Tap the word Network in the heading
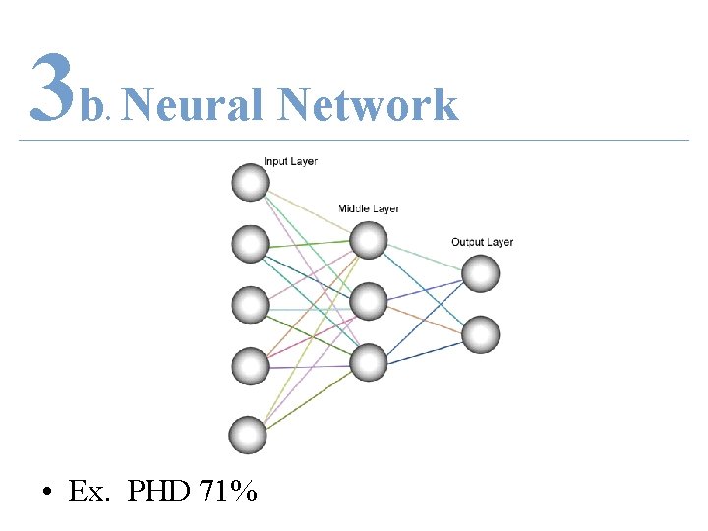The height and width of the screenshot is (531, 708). [368, 104]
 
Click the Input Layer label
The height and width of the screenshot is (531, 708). [290, 161]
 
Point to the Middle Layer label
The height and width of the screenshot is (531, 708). [369, 208]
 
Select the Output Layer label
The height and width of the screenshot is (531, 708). [482, 242]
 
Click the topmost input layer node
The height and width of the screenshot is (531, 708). [251, 182]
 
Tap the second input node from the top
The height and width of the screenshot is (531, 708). [251, 243]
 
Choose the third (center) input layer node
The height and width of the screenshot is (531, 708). [251, 305]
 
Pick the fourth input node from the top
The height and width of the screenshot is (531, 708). [251, 367]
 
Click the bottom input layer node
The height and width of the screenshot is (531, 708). [248, 435]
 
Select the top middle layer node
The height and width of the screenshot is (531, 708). [369, 240]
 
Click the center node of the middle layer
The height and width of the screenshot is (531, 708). [369, 301]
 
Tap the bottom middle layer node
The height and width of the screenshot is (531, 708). [369, 363]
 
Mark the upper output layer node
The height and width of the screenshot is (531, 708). [481, 273]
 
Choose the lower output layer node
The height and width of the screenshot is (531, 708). [481, 335]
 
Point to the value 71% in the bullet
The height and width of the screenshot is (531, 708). [228, 491]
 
